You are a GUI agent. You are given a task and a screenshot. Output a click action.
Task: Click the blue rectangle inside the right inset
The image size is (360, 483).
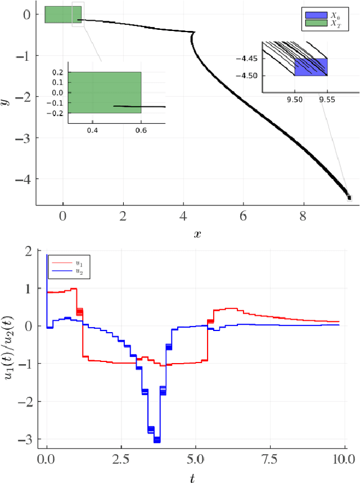310,67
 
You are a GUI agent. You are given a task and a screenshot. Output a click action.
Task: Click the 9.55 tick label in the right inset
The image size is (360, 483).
327,98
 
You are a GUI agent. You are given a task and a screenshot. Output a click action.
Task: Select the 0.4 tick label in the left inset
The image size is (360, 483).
92,131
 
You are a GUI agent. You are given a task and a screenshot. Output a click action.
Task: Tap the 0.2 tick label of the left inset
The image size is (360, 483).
58,73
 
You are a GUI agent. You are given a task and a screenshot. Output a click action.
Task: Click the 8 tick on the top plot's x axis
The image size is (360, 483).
304,215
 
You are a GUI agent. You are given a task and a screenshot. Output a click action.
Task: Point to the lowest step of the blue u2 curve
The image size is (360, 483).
156,439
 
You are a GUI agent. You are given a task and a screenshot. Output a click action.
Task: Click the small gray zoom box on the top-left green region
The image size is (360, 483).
78,15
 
